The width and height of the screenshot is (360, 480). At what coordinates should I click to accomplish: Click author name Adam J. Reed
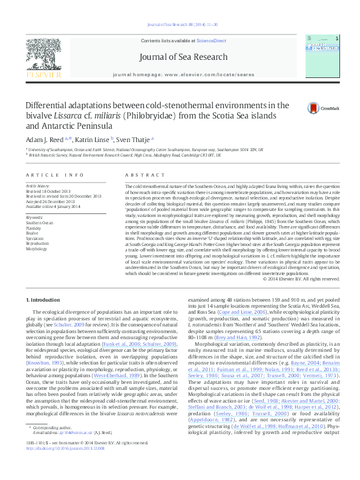[x=45, y=138]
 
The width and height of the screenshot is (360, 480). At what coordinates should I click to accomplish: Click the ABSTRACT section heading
[x=136, y=175]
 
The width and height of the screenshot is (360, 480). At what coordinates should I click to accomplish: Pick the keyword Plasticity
[x=33, y=229]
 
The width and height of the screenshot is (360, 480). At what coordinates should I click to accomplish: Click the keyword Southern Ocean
[x=39, y=223]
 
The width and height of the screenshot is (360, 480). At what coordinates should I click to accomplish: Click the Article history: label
[x=38, y=186]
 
